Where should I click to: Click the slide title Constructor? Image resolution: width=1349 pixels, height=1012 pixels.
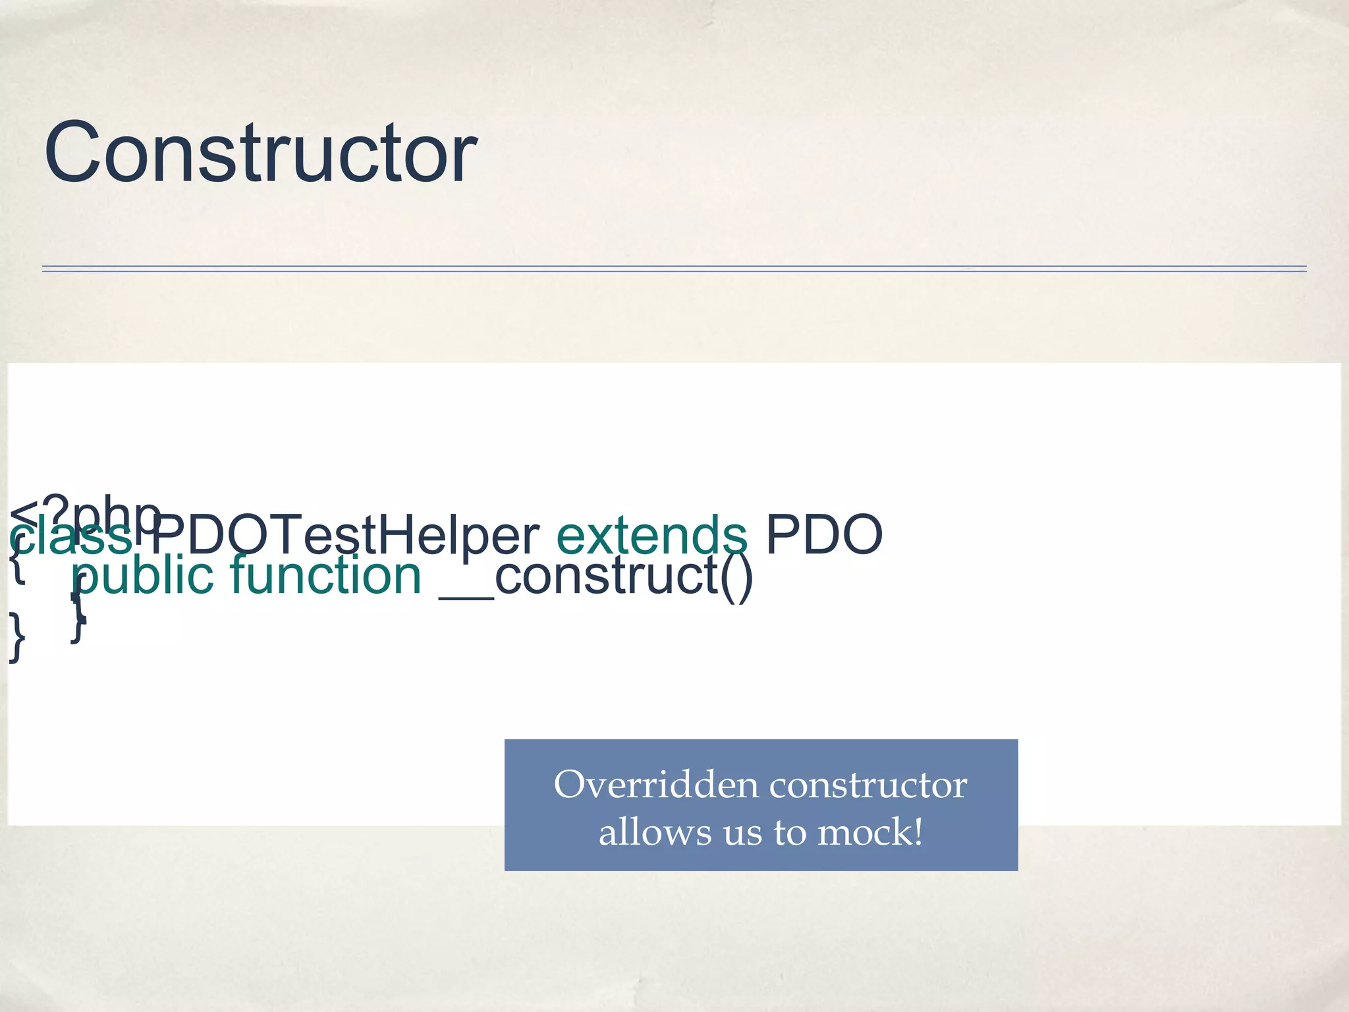pyautogui.click(x=260, y=153)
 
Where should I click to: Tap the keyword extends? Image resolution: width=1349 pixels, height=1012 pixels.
pyautogui.click(x=651, y=535)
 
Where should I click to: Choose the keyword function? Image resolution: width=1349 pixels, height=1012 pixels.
pyautogui.click(x=325, y=575)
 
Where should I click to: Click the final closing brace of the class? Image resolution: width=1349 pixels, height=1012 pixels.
pyautogui.click(x=16, y=638)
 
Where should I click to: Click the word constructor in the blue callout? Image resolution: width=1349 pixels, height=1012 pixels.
pyautogui.click(x=867, y=785)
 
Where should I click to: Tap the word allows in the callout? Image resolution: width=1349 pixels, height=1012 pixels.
pyautogui.click(x=655, y=832)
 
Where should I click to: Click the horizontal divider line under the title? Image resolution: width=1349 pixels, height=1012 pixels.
pyautogui.click(x=674, y=269)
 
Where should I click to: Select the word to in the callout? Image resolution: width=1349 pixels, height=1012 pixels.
pyautogui.click(x=790, y=832)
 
